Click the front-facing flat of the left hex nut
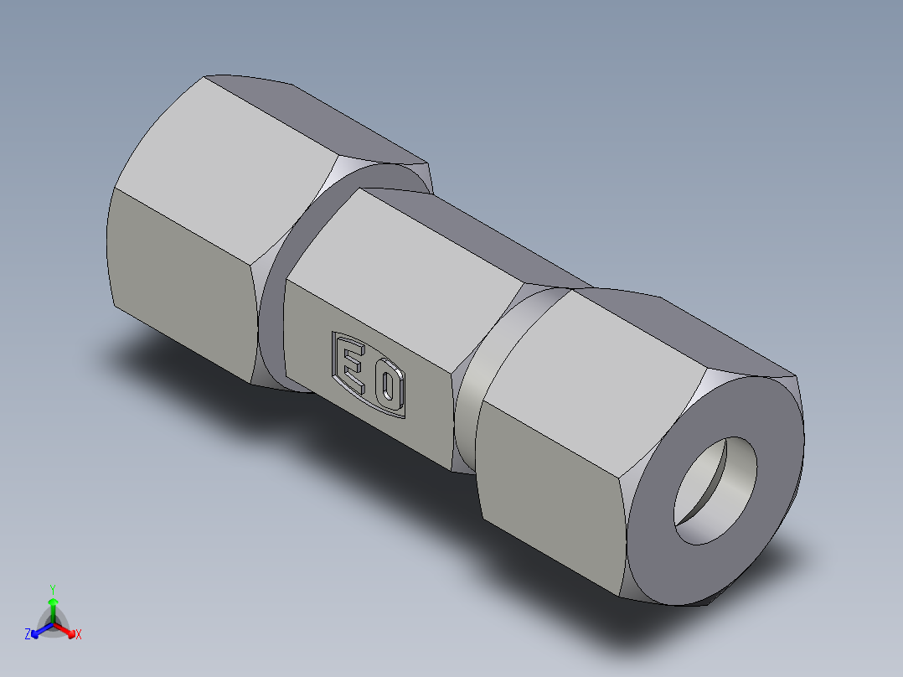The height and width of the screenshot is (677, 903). pos(180,276)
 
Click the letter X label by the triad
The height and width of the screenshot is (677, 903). pos(79,635)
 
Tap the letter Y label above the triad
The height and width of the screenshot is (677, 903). pos(53,589)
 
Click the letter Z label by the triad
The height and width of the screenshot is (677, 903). pos(28,635)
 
